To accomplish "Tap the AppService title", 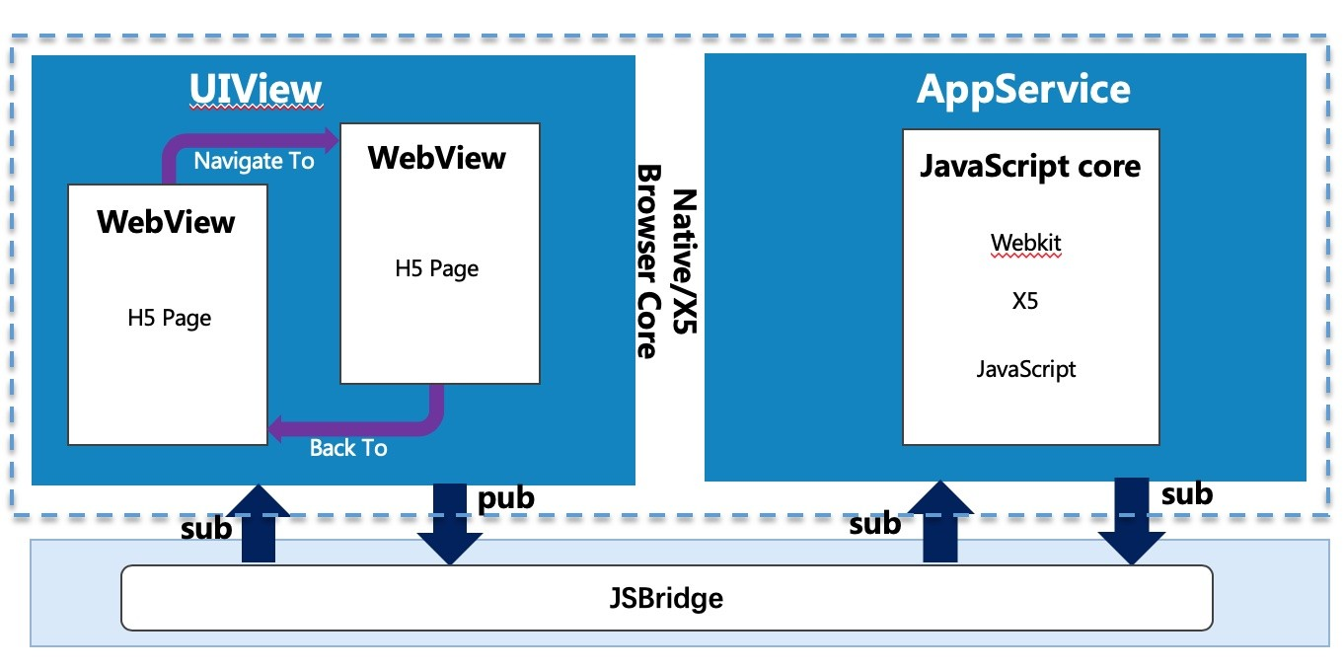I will (x=1023, y=90).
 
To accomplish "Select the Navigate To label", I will (x=254, y=160).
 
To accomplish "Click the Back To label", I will (x=348, y=448).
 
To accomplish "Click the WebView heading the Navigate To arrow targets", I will (x=436, y=158).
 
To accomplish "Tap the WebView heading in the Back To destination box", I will (x=166, y=221).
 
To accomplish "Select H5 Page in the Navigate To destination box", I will (x=437, y=268).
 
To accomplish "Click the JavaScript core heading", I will (x=1029, y=166).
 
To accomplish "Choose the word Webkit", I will (x=1026, y=242).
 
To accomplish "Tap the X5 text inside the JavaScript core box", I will (x=1025, y=302).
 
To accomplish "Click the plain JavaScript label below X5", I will (x=1026, y=370).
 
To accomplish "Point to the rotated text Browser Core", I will (x=647, y=260).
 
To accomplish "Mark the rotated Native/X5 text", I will (x=684, y=260).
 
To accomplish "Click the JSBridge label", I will (x=666, y=598).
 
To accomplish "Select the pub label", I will (x=505, y=498).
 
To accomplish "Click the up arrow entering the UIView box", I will (x=258, y=523).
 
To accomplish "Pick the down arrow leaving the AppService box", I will (x=1131, y=521).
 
